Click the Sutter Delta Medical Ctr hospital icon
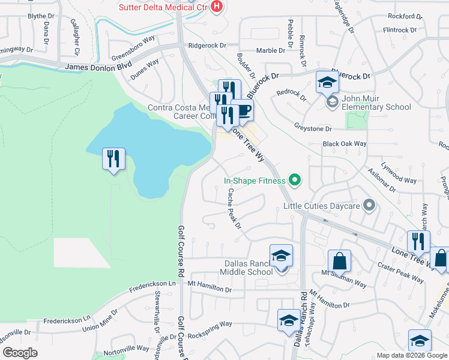tap(217, 7)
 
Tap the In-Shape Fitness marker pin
tap(294, 179)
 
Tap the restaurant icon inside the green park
tap(113, 158)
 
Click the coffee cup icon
tap(244, 110)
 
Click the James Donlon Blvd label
tap(97, 69)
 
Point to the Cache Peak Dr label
tap(234, 209)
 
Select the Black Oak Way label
tap(345, 144)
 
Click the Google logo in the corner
tap(20, 353)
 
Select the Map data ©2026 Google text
tap(412, 355)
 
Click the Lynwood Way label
tap(402, 180)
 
